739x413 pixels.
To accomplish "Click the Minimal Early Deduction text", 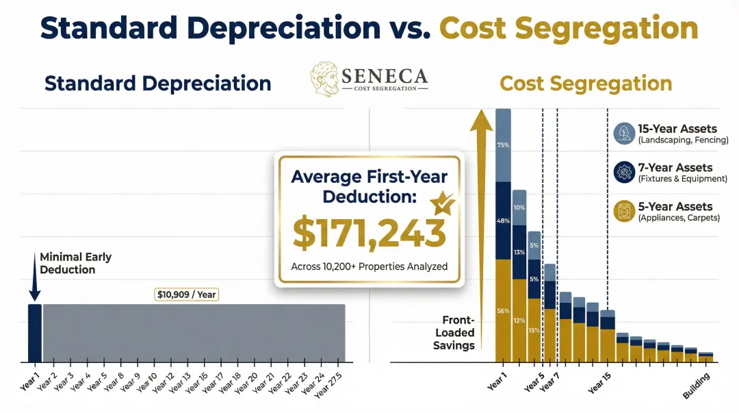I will [x=75, y=264].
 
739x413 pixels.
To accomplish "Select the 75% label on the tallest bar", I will [x=503, y=145].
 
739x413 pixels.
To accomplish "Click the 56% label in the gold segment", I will [x=503, y=311].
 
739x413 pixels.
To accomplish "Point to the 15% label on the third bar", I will [x=534, y=331].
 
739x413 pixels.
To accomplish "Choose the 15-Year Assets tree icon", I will [x=624, y=133].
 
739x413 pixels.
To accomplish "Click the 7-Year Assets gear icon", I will [x=624, y=172].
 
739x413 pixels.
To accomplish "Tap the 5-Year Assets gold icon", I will [x=624, y=211].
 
